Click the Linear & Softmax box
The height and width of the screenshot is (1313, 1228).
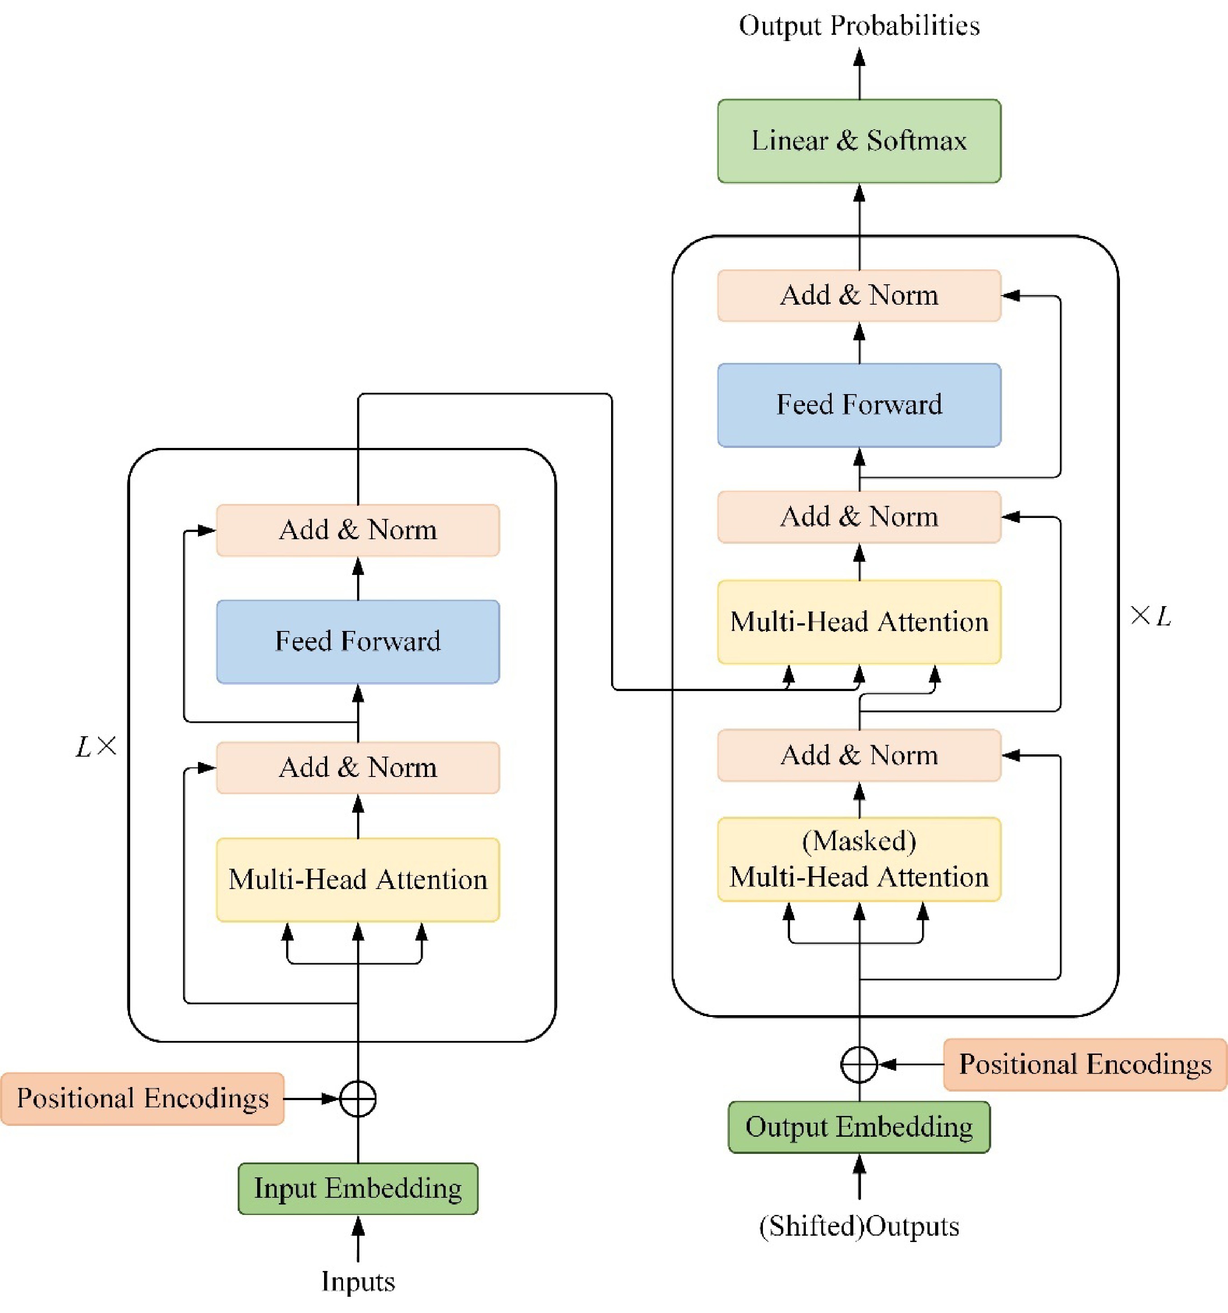859,141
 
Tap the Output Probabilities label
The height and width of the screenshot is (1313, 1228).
859,26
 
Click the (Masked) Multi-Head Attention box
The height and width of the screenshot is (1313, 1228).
859,859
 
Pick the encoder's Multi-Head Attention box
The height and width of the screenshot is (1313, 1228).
358,880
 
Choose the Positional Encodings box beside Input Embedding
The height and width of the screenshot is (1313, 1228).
143,1098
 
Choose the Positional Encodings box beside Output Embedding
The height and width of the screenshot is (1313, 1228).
1085,1064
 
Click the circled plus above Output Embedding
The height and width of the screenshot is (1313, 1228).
859,1064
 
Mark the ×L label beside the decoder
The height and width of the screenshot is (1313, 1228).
1150,616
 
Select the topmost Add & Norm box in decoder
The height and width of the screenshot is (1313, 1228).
859,295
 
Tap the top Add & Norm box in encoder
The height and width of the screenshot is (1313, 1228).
358,530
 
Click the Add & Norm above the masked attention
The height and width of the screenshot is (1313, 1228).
859,755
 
